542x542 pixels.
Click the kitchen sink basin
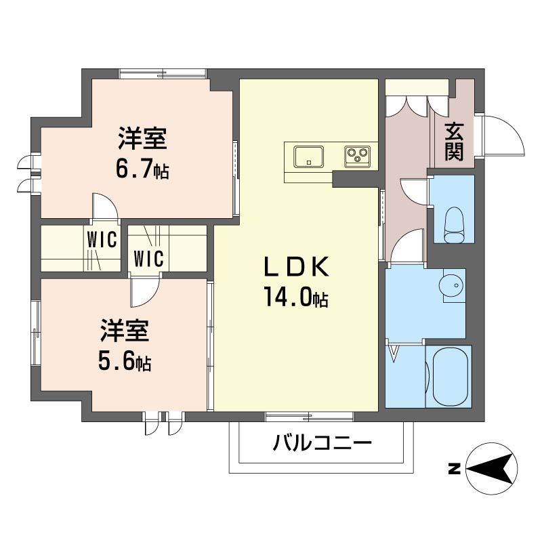(x=309, y=157)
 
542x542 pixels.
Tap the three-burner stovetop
(x=357, y=157)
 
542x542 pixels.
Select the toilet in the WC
(x=454, y=225)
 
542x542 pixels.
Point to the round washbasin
(x=450, y=285)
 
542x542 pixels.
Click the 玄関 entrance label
(x=454, y=142)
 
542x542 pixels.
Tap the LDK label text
(x=296, y=267)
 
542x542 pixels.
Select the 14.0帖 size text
(x=296, y=297)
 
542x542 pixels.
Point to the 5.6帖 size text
(x=125, y=361)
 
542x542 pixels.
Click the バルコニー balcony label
(x=322, y=443)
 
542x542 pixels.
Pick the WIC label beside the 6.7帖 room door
(x=102, y=239)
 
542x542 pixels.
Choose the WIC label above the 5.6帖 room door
(x=148, y=258)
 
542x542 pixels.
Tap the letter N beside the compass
(x=454, y=469)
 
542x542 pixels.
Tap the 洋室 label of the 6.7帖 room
(x=142, y=138)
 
